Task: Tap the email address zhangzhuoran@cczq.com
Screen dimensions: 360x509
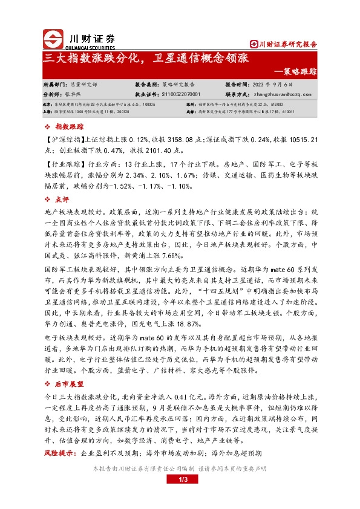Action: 281,95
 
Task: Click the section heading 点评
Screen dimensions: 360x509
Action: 62,199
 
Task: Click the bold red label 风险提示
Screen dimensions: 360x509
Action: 59,452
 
